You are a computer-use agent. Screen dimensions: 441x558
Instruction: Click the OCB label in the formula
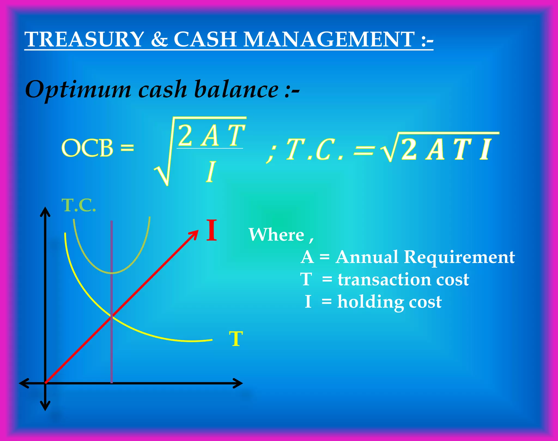click(87, 148)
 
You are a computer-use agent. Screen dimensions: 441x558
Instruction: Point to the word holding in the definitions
click(371, 302)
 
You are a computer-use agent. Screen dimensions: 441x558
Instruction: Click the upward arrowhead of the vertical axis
click(45, 211)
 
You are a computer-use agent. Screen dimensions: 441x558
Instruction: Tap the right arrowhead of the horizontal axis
click(239, 383)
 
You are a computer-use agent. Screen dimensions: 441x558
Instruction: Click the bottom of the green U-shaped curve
click(112, 273)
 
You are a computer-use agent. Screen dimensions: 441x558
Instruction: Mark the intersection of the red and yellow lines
click(112, 316)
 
